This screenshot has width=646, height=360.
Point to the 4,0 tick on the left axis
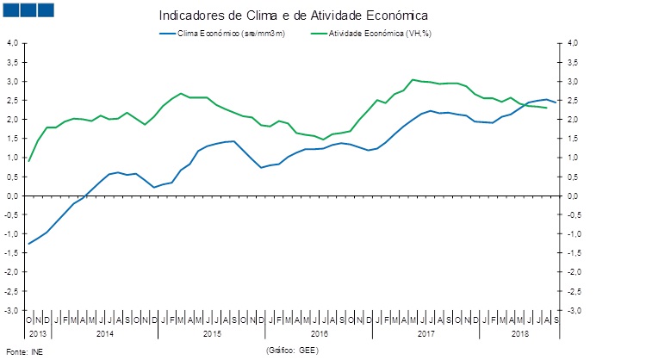click(x=14, y=43)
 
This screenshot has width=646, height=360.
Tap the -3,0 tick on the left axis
click(x=14, y=310)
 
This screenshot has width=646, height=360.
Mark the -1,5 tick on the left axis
click(x=14, y=252)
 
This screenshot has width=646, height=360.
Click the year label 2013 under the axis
click(x=40, y=332)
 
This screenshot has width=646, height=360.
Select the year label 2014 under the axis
click(x=105, y=332)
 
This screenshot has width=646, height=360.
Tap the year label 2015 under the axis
click(x=212, y=332)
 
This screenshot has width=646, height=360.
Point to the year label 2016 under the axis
click(x=319, y=332)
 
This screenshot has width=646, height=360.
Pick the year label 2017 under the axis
click(x=425, y=332)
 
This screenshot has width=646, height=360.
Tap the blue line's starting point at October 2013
click(x=29, y=244)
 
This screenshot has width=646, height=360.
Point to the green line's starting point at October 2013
click(x=29, y=161)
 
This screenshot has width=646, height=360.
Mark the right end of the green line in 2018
click(x=547, y=108)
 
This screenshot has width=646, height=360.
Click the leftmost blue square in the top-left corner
click(x=11, y=10)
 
